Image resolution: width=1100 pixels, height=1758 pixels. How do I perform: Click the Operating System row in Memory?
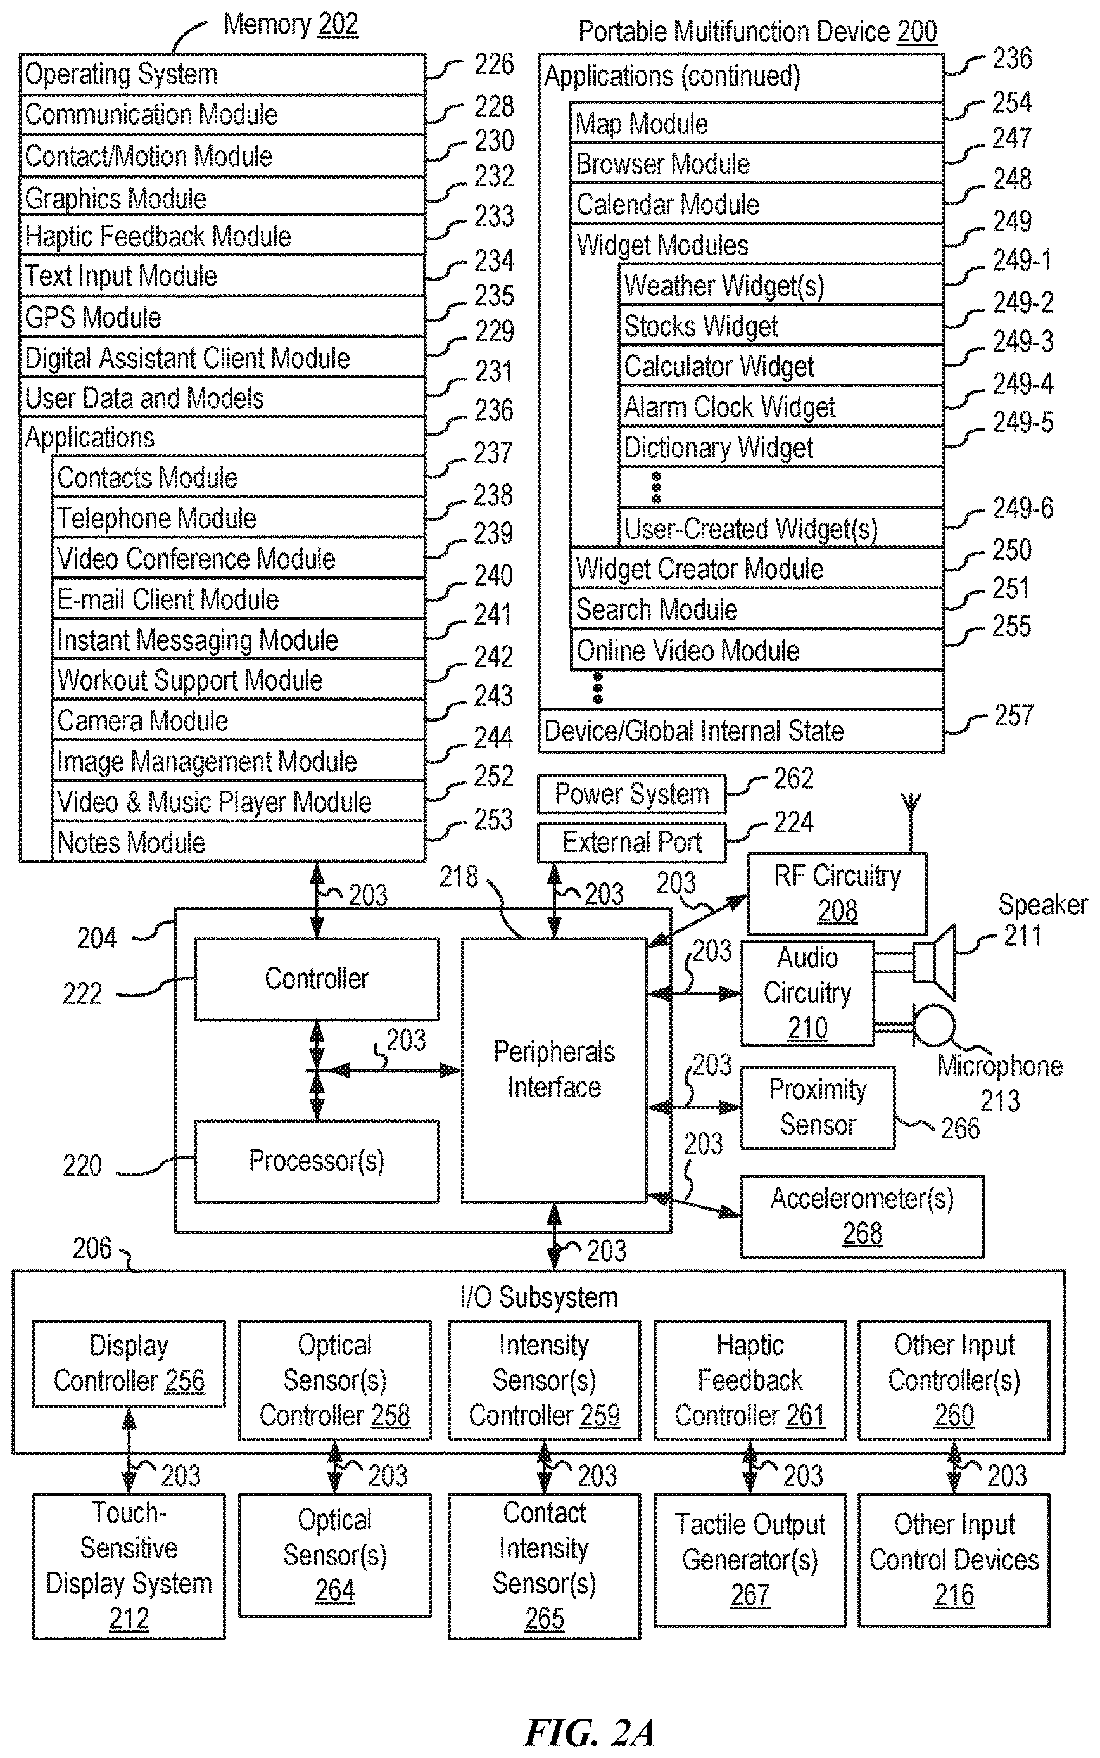(222, 73)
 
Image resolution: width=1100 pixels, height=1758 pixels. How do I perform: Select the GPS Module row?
(222, 317)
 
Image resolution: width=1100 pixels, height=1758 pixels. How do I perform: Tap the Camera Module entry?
(239, 720)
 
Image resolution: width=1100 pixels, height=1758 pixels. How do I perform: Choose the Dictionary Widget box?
(781, 447)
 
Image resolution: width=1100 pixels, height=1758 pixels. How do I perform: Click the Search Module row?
(757, 608)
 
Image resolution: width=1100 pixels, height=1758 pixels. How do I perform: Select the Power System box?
(631, 794)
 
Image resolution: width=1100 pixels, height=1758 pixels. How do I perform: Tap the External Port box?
(631, 843)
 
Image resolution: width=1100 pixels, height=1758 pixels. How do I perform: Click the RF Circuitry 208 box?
(837, 893)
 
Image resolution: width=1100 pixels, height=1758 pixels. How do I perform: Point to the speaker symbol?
(935, 962)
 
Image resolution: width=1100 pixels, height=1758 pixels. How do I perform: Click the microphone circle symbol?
(933, 1025)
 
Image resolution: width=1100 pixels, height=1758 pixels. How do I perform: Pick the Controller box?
(317, 979)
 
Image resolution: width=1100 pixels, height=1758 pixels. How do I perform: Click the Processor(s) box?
(317, 1161)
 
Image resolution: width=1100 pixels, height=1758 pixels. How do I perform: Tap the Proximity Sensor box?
(818, 1107)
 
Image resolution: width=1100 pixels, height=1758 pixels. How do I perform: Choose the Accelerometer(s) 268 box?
(862, 1216)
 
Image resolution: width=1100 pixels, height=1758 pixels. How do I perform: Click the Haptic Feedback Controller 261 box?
(750, 1380)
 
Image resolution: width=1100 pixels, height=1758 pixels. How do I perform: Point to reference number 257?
(1013, 715)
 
